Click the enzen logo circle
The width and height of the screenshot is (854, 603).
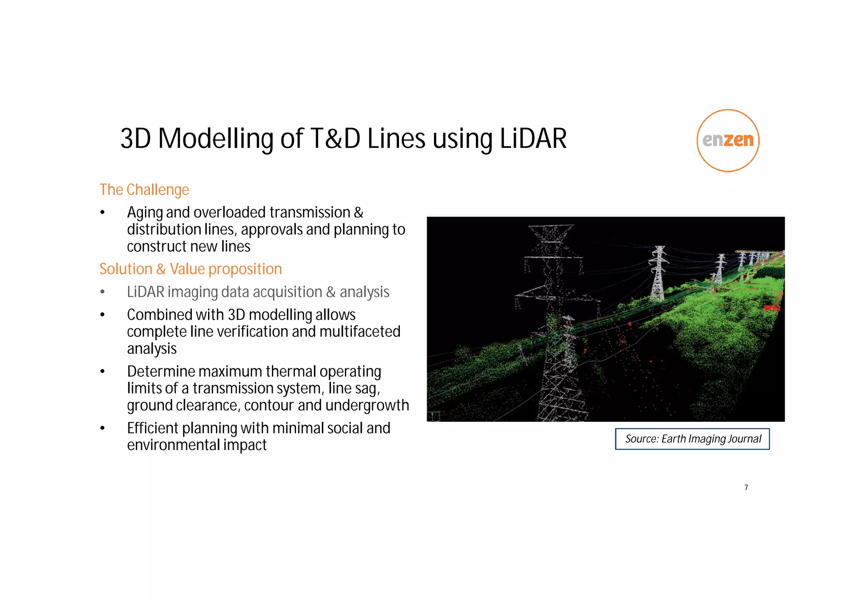click(x=728, y=140)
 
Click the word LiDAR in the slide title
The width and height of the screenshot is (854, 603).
click(x=533, y=139)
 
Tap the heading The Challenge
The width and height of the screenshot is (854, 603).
click(x=144, y=190)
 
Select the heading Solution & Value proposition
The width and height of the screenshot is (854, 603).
click(x=191, y=269)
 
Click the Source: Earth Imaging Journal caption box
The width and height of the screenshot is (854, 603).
click(x=692, y=439)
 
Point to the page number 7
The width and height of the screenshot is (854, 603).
click(x=746, y=487)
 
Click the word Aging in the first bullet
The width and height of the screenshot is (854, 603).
click(x=145, y=213)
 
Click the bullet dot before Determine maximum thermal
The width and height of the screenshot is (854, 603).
click(x=103, y=371)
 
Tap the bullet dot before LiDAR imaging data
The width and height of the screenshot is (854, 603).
click(x=103, y=292)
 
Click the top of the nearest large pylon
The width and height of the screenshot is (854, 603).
click(x=550, y=228)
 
